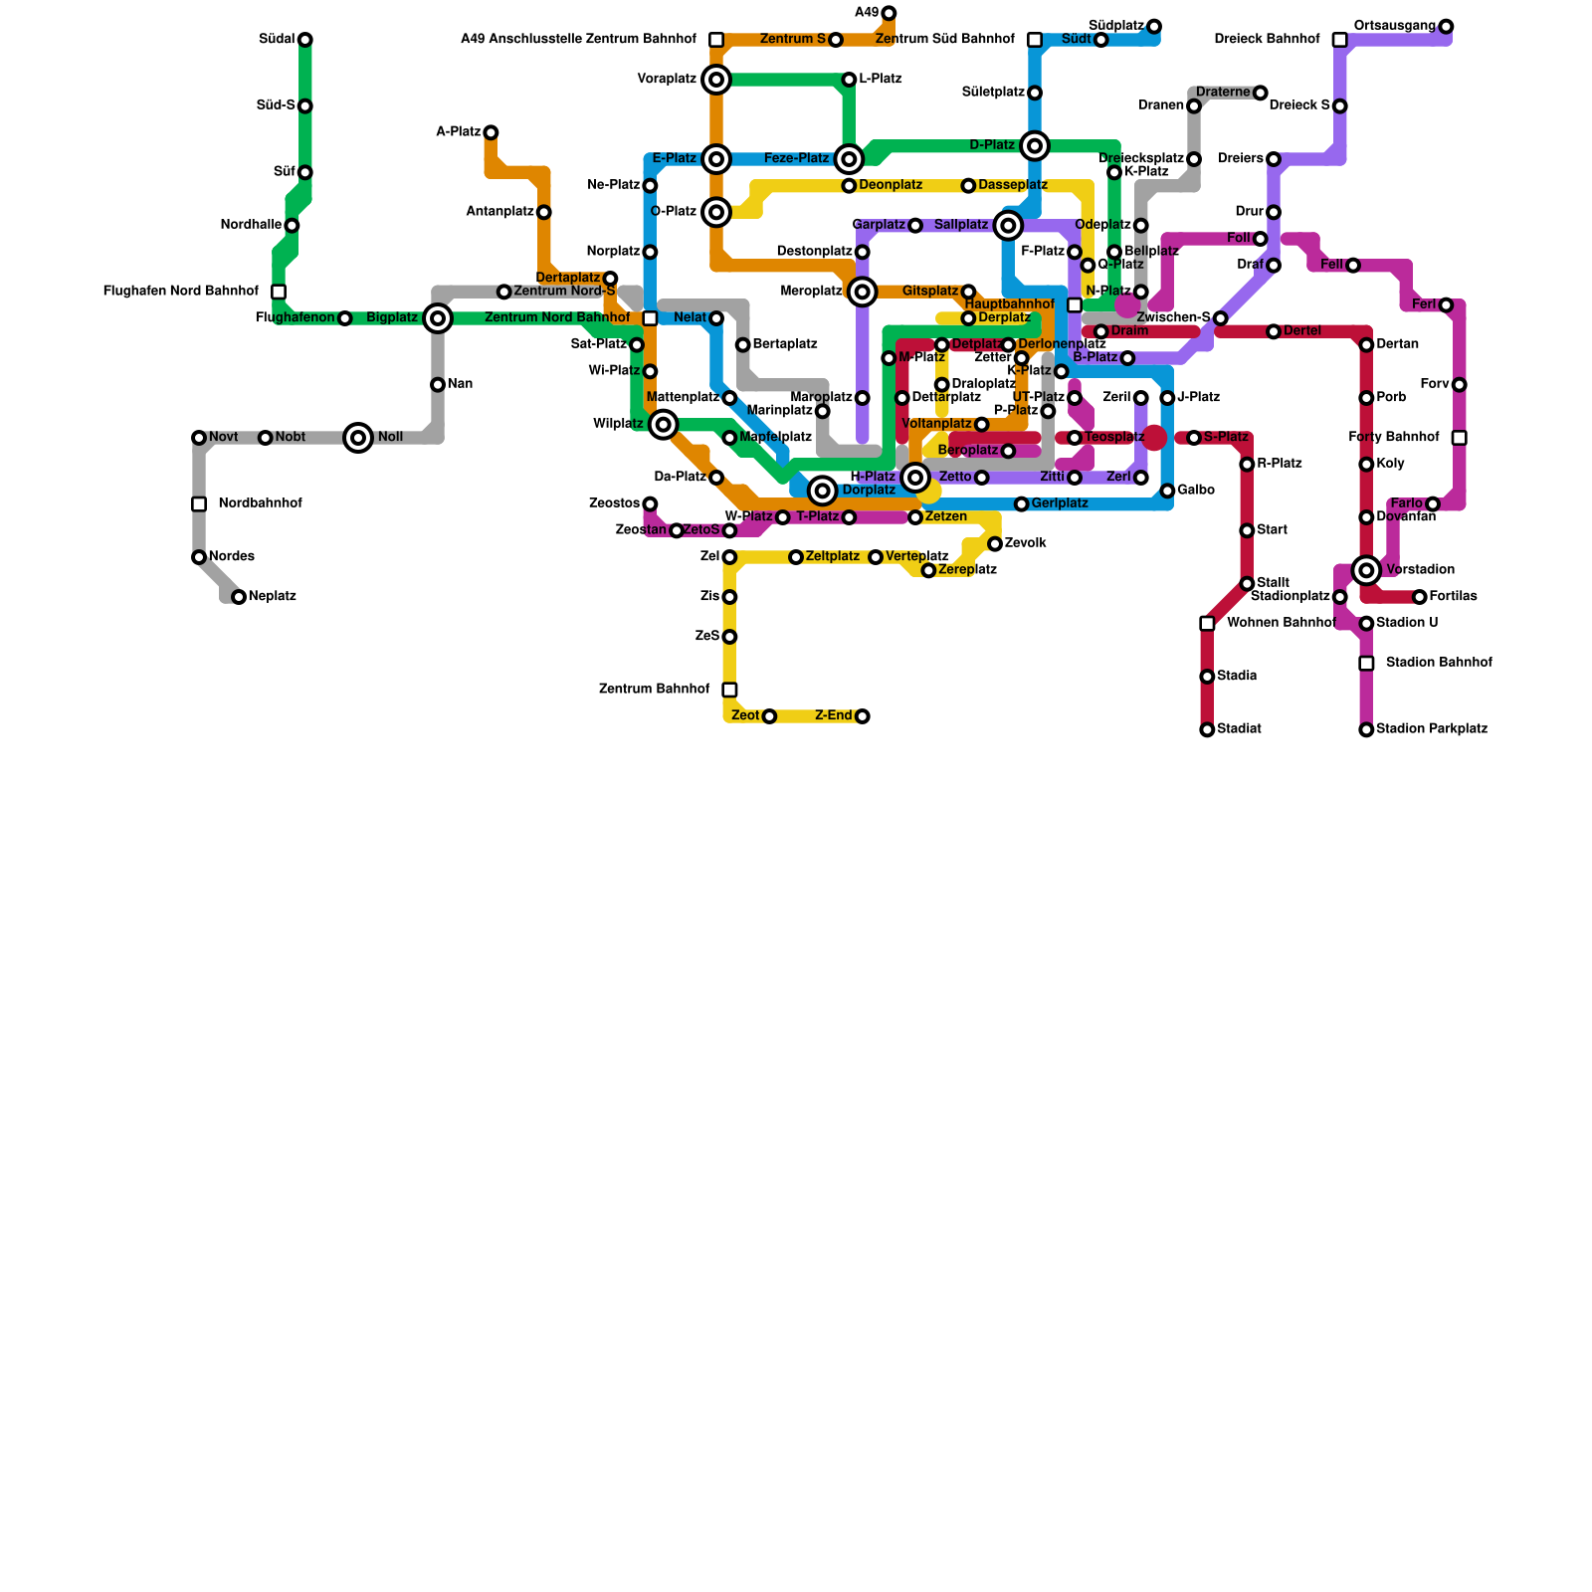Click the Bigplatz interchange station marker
[438, 318]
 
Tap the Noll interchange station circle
[358, 438]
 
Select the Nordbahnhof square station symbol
[199, 504]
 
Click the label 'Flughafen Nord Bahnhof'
[180, 292]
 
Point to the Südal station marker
[305, 40]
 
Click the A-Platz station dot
[491, 132]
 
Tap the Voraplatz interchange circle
[716, 80]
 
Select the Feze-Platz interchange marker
[849, 159]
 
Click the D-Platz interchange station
[1035, 146]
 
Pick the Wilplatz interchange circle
[664, 425]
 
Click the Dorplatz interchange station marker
[822, 491]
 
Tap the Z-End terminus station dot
[863, 716]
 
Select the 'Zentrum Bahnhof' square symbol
[729, 690]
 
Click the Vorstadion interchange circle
[1366, 570]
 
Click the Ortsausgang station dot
[1446, 27]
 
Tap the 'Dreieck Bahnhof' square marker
[1340, 40]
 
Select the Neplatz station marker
[239, 597]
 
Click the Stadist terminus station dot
[1207, 729]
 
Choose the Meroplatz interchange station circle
[863, 292]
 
